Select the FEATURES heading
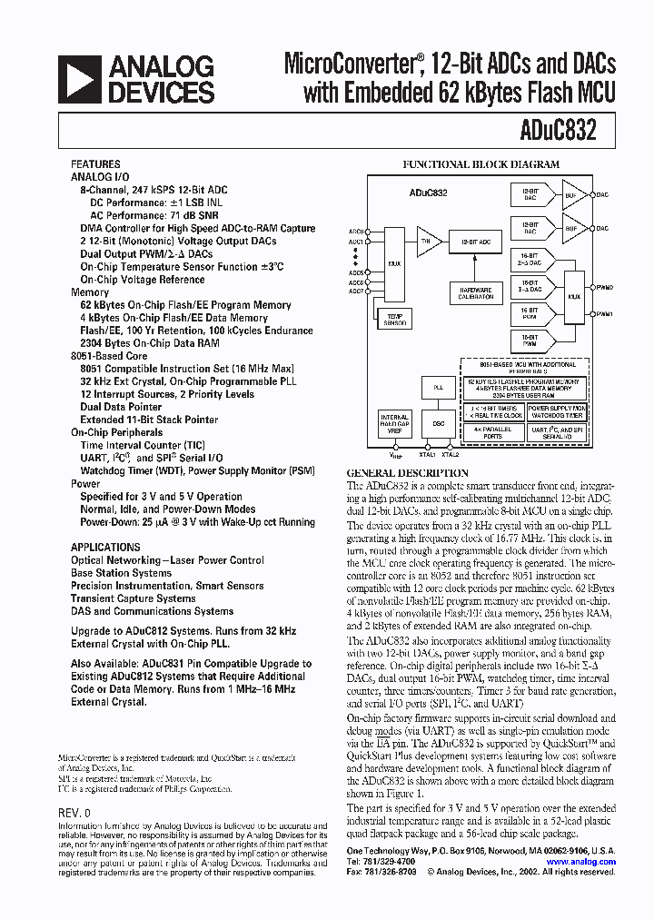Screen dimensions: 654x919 click(x=94, y=164)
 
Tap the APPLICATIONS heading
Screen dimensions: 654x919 click(x=105, y=548)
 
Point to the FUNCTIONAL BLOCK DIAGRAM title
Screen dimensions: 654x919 click(x=481, y=164)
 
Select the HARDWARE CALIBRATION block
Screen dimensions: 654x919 click(x=476, y=293)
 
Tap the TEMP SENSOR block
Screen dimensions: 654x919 click(x=395, y=320)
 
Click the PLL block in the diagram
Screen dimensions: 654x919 click(x=439, y=387)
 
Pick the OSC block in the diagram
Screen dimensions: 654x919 click(x=439, y=423)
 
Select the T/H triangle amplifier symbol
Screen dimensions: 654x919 click(x=427, y=242)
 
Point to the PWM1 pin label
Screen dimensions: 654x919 click(x=603, y=313)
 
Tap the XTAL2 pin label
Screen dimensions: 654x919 click(x=451, y=454)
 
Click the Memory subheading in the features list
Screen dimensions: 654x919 click(x=90, y=292)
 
